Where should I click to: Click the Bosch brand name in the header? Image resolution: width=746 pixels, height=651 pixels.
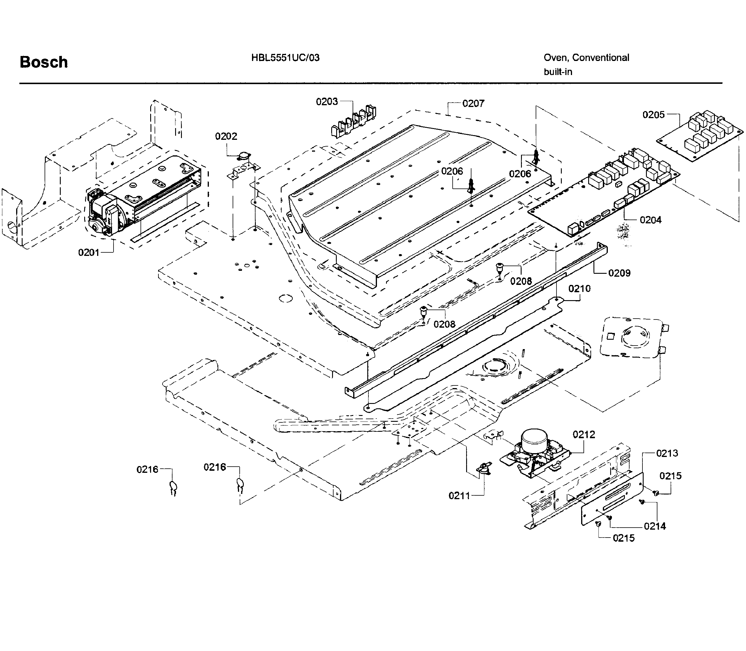coord(44,62)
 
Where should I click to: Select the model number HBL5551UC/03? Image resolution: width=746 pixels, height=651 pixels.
coord(285,58)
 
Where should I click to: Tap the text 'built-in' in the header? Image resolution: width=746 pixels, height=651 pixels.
coord(558,72)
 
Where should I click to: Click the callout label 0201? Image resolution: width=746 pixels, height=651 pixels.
coord(89,252)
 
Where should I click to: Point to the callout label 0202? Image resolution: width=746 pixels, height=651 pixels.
coord(226,136)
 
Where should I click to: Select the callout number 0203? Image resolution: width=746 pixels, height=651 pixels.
coord(327,102)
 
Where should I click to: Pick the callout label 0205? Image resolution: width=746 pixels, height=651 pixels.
coord(653,115)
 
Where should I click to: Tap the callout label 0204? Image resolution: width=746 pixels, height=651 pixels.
coord(650,220)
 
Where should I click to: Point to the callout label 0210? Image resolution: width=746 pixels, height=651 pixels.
coord(579,289)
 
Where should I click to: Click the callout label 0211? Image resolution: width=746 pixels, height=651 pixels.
coord(459,496)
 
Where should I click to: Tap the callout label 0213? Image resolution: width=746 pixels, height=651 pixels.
coord(667,453)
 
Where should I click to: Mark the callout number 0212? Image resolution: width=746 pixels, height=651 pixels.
coord(584,434)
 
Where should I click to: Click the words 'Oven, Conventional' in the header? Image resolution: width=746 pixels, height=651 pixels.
coord(586,58)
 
